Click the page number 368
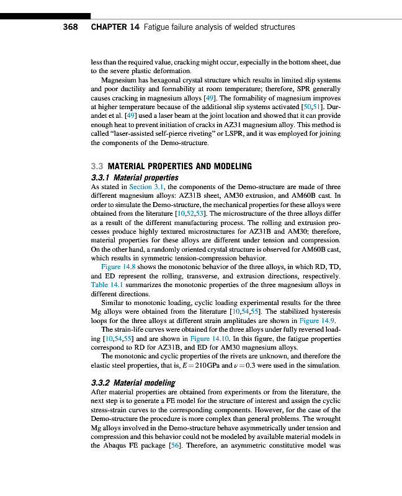pos(69,27)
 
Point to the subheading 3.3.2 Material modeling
pos(129,383)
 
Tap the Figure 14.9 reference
pos(317,321)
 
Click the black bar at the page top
pos(45,15)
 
